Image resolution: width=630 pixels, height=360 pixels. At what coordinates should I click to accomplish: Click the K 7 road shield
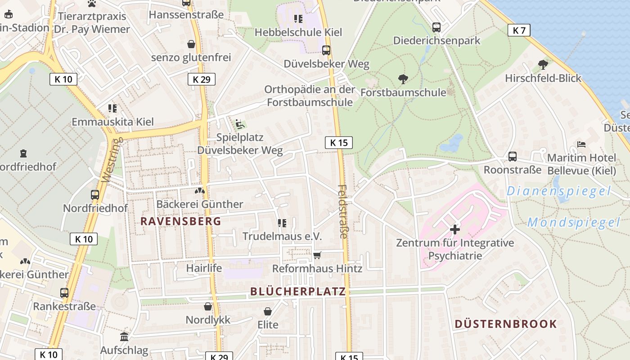tap(519, 31)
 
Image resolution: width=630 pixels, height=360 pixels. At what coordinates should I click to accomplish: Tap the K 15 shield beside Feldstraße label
tap(338, 143)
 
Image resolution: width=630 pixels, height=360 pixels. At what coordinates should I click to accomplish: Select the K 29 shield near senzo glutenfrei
tap(201, 80)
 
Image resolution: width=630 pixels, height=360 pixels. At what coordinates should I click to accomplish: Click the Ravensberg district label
tap(181, 221)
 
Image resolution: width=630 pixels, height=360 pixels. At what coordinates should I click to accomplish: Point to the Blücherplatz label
tap(298, 292)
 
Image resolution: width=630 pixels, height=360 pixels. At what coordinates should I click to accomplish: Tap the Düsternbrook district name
tap(506, 324)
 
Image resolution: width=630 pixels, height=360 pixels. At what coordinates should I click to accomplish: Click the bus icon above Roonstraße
tap(512, 157)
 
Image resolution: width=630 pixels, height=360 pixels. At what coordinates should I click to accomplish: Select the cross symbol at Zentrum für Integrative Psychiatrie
tap(454, 229)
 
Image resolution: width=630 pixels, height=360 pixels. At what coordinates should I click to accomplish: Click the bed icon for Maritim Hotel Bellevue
tap(581, 145)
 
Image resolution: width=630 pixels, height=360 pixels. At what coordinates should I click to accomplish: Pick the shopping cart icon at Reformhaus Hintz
tap(317, 256)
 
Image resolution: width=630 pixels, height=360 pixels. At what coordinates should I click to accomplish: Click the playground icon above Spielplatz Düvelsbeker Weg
tap(240, 124)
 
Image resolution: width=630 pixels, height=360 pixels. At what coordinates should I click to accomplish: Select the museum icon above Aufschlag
tap(124, 337)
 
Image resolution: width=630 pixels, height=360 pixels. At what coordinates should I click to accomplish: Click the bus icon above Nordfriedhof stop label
tap(95, 195)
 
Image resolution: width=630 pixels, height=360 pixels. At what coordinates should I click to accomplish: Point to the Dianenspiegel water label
tap(559, 191)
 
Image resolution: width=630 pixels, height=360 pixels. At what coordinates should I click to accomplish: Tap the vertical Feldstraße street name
tap(343, 211)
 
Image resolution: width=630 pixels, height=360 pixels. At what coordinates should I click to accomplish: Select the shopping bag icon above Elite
tap(268, 311)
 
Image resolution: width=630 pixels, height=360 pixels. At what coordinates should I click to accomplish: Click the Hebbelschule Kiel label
tap(298, 32)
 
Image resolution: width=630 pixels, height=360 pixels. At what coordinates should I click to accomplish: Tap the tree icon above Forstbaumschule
tap(403, 80)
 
